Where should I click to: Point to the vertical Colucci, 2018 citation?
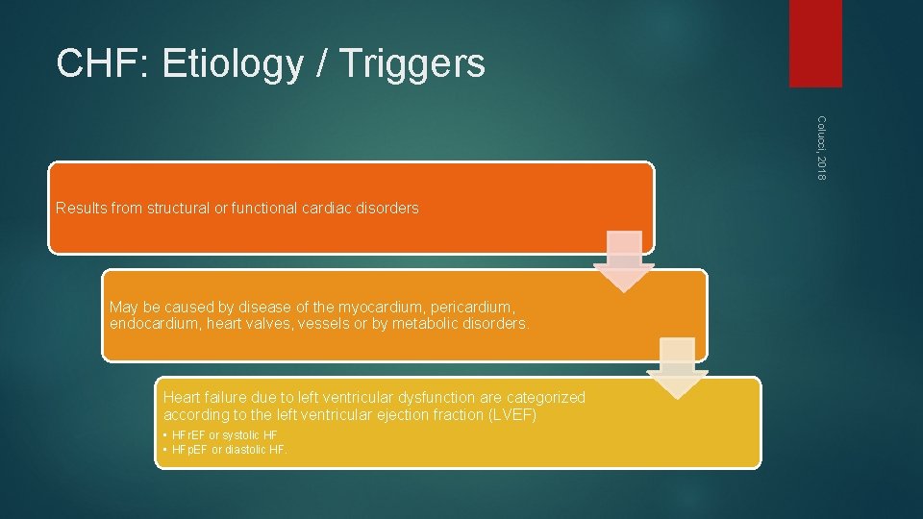point(822,146)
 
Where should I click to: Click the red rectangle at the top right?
point(815,43)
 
